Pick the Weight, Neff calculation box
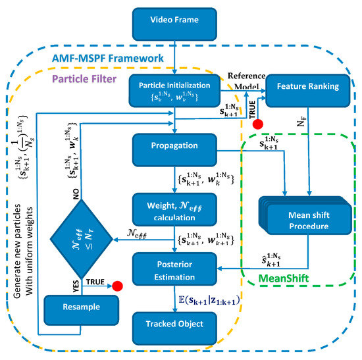174,211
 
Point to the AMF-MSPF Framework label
116,59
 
